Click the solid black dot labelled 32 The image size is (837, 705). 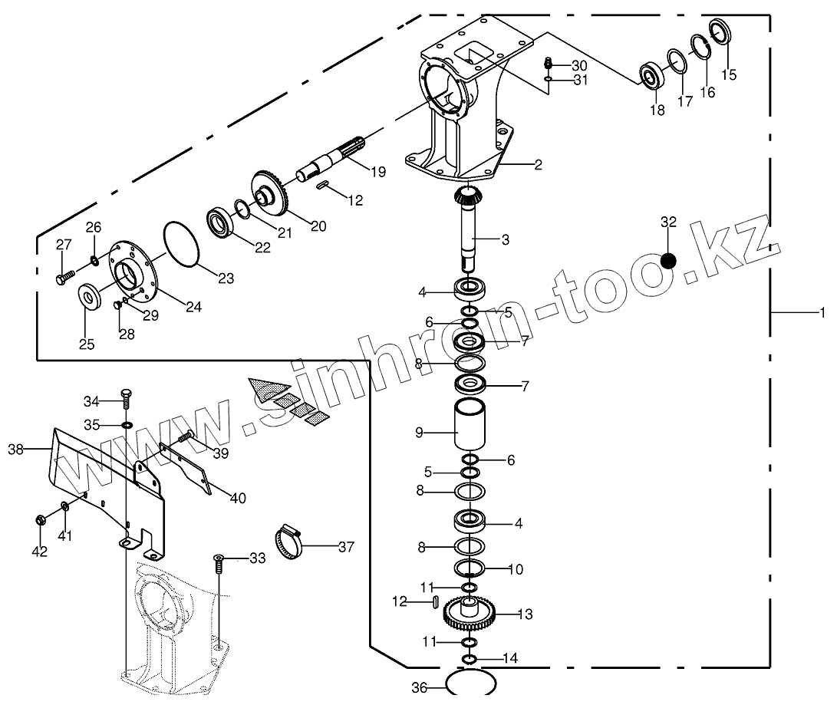668,260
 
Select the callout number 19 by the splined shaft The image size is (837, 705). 377,172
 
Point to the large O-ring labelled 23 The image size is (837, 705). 182,243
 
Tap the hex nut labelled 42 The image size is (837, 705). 39,522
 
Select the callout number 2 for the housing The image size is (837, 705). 538,164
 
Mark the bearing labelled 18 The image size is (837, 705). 652,77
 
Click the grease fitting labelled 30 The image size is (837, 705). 549,63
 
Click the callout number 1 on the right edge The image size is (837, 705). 822,312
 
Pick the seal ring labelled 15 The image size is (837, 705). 721,34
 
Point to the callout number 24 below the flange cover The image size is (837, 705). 193,307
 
